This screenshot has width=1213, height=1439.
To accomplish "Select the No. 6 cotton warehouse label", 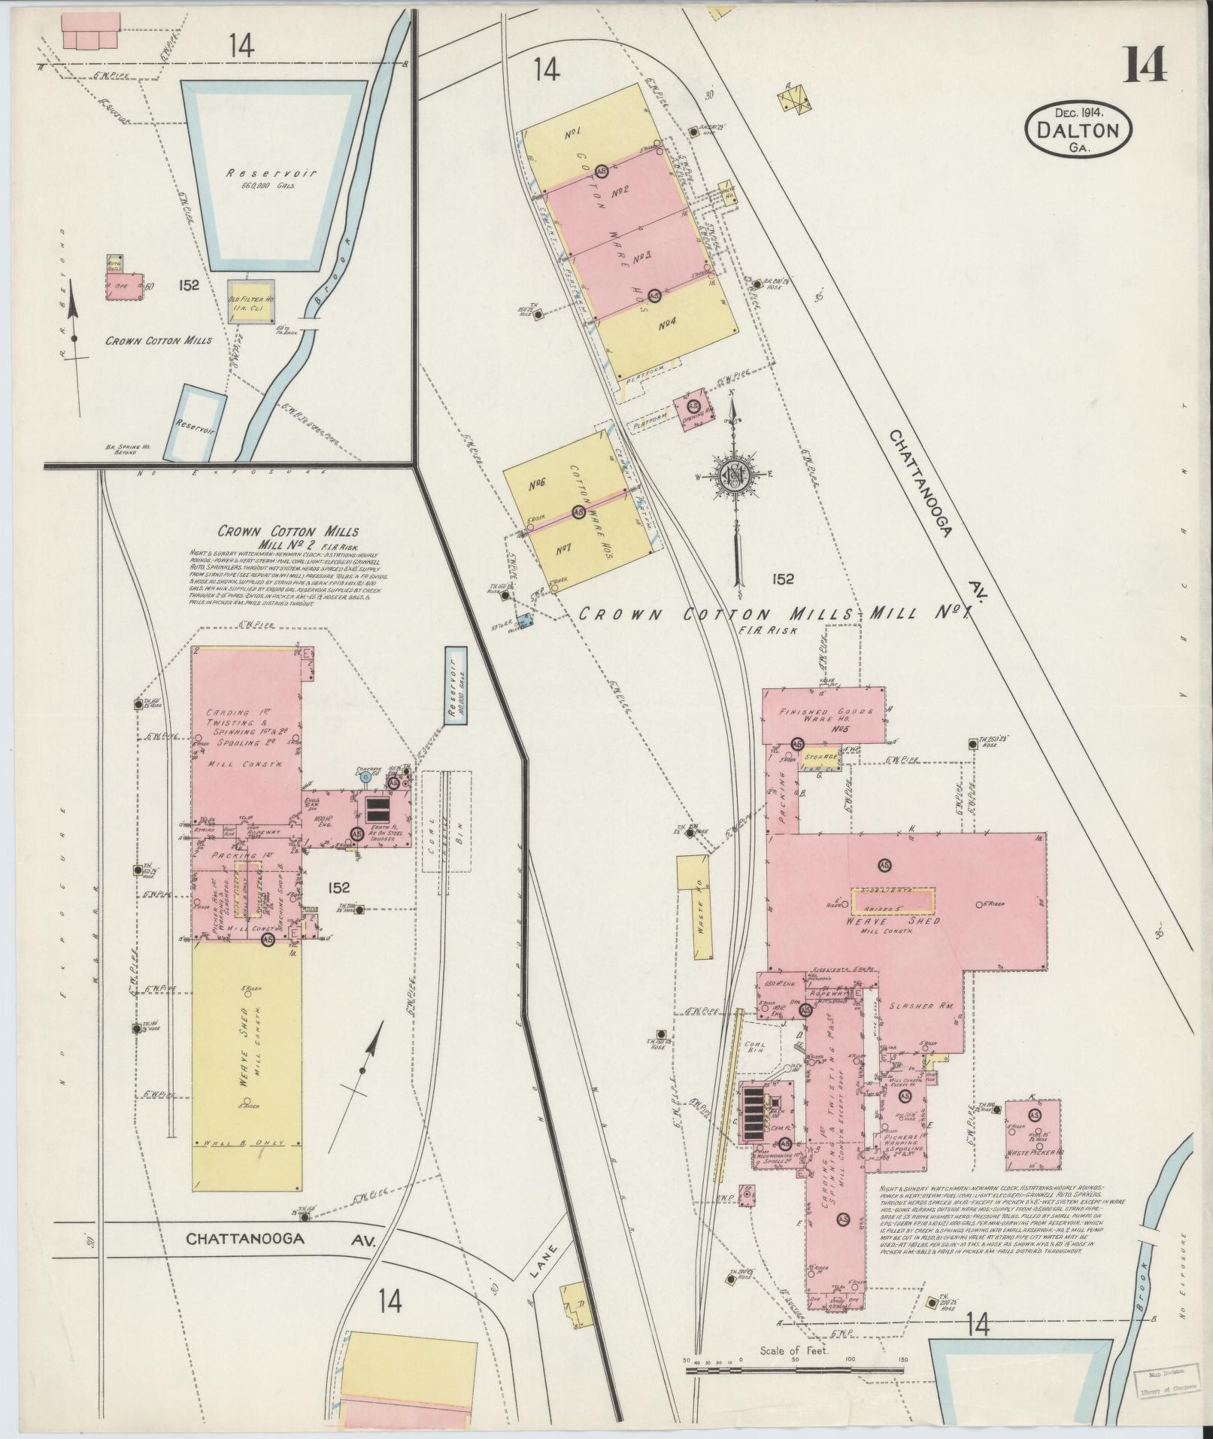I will pyautogui.click(x=538, y=484).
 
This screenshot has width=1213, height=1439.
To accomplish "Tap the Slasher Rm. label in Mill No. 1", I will pyautogui.click(x=912, y=1006).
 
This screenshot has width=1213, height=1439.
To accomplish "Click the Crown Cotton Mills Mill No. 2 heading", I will pyautogui.click(x=288, y=537).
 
